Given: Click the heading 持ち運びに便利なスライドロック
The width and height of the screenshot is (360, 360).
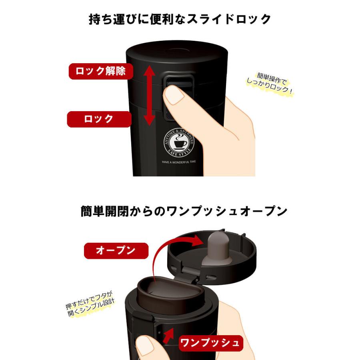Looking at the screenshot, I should (x=180, y=19).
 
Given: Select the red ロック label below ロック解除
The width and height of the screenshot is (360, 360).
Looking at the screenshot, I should (x=99, y=119).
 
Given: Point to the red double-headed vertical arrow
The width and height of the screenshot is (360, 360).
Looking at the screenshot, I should (x=149, y=96).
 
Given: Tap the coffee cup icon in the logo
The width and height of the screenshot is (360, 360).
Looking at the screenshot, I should (x=179, y=143).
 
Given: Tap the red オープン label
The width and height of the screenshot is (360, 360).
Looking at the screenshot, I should (x=116, y=251).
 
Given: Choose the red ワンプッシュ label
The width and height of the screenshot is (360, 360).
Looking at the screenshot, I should (x=210, y=343).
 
